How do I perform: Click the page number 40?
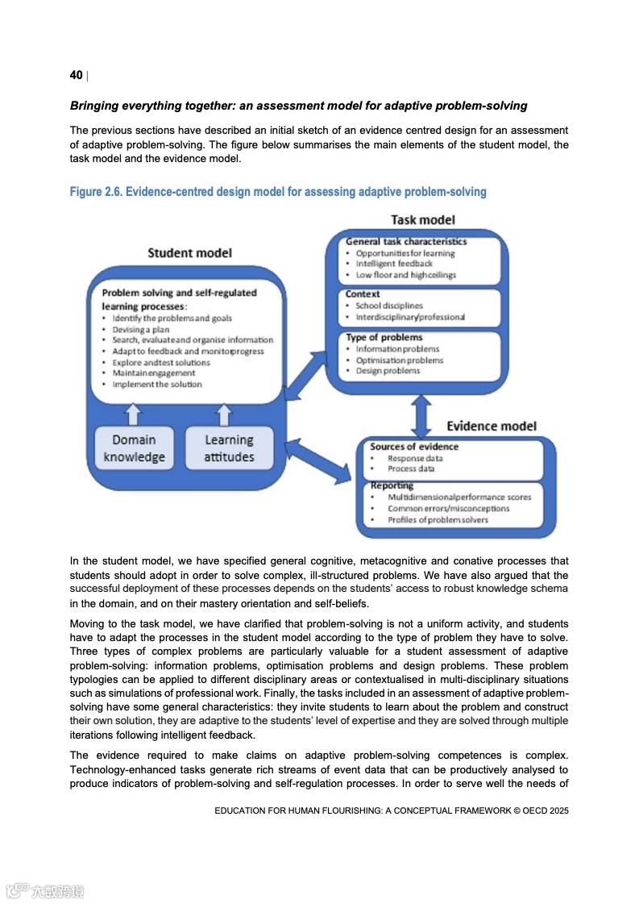[x=76, y=75]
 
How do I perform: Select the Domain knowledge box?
[x=134, y=448]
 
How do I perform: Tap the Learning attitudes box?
[x=229, y=448]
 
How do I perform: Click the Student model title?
[x=189, y=253]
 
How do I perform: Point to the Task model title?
[x=422, y=219]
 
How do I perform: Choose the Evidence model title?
[x=491, y=426]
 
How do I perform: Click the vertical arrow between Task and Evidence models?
[x=420, y=416]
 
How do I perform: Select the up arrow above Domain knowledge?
[x=134, y=415]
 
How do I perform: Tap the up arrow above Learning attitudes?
[x=224, y=415]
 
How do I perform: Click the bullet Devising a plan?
[x=136, y=329]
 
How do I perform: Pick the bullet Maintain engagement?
[x=153, y=373]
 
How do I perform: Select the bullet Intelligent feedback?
[x=394, y=264]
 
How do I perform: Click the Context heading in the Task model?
[x=363, y=294]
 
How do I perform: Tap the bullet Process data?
[x=411, y=469]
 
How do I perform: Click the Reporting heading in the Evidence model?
[x=392, y=486]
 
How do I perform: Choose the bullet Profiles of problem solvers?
[x=438, y=520]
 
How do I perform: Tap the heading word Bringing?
[x=97, y=106]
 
